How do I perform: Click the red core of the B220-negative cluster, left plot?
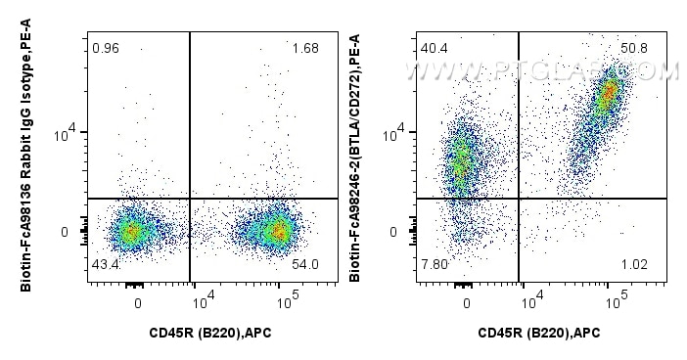(131, 232)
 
